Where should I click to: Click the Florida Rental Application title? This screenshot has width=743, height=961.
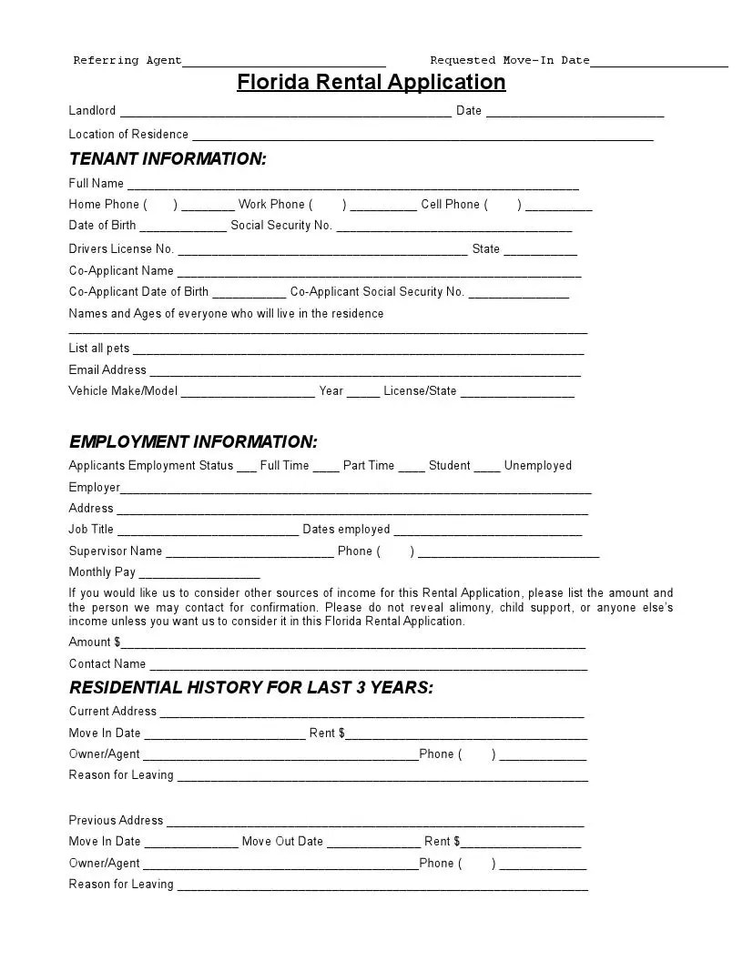coord(371,82)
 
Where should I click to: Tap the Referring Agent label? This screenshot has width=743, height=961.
coord(127,60)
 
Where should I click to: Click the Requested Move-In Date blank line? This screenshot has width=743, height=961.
coord(659,64)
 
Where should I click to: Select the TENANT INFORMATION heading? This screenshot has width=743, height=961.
coord(168,159)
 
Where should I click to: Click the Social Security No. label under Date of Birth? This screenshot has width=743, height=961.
coord(281,226)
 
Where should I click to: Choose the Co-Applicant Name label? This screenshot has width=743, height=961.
coord(121,271)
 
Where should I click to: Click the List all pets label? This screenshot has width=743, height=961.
coord(99,349)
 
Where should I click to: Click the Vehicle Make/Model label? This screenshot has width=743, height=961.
coord(123,391)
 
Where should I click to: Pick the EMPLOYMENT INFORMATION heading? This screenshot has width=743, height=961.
coord(193,442)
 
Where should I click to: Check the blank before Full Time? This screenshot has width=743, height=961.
coord(247,469)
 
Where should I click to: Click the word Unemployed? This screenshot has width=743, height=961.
coord(537,466)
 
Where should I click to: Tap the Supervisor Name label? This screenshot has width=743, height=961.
coord(116,551)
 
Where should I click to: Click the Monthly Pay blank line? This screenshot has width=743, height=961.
coord(199,576)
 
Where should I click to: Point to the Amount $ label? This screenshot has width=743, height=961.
coord(95,642)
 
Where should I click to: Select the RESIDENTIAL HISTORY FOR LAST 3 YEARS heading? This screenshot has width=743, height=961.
coord(251,688)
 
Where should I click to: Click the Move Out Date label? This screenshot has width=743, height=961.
coord(282,842)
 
